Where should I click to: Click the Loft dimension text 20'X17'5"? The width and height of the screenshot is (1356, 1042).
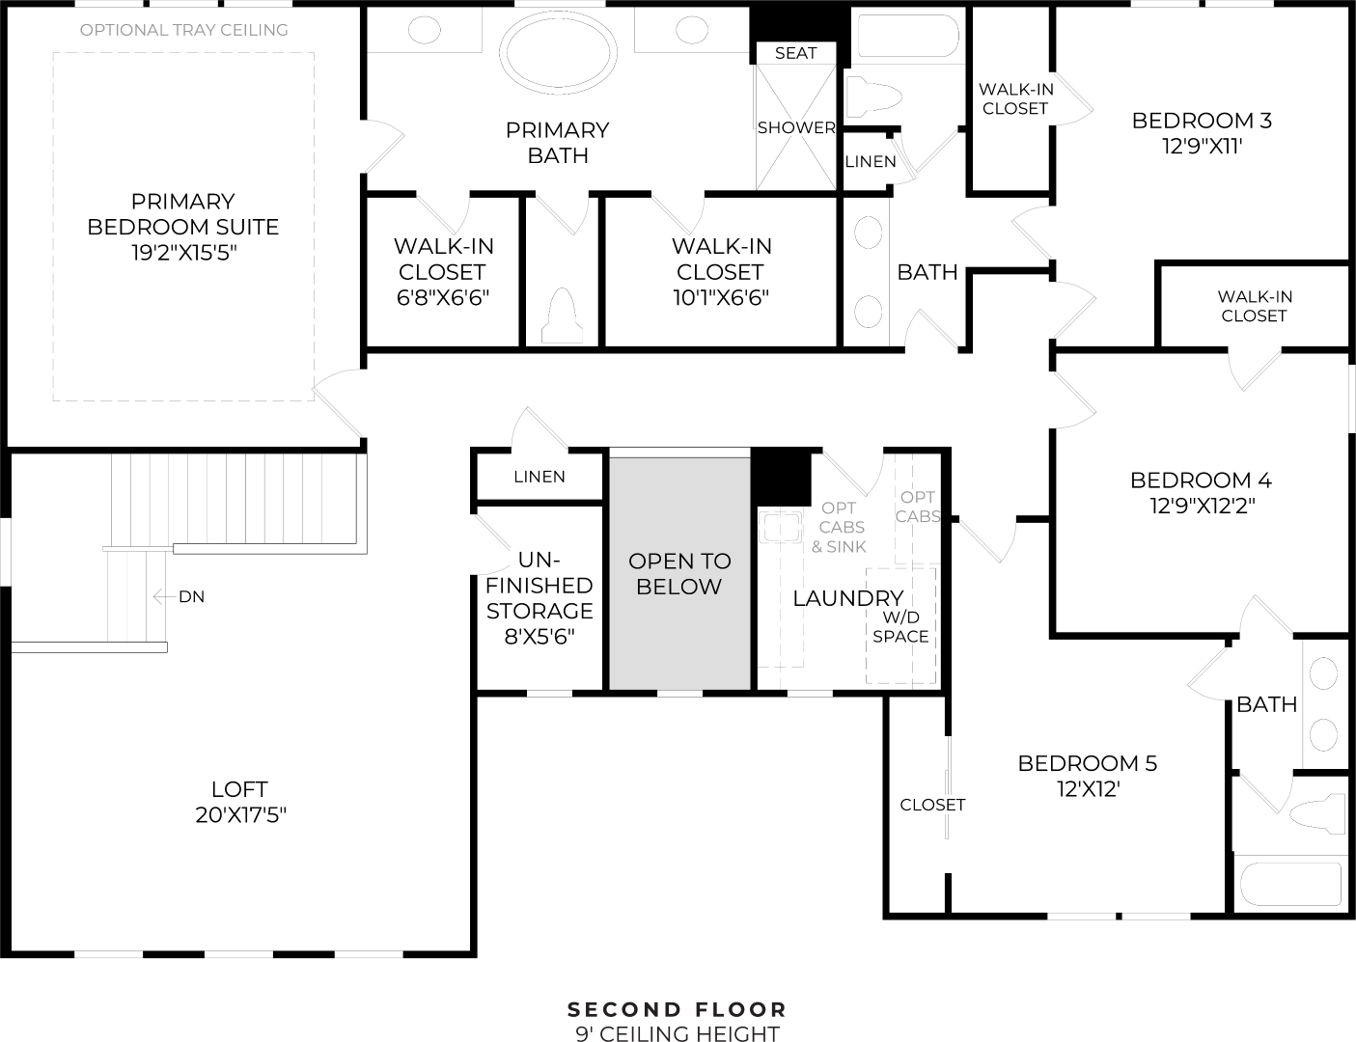pos(240,815)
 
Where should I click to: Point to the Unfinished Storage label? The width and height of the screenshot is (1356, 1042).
pos(540,586)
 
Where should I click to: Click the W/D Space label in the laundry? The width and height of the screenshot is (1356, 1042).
pos(900,627)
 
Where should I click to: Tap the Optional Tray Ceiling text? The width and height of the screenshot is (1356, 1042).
pos(183,30)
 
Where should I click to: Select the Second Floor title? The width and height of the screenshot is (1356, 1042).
pos(678,1009)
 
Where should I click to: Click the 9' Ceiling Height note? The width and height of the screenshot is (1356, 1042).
pos(678,1034)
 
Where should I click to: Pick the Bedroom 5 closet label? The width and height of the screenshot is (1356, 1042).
pos(932,805)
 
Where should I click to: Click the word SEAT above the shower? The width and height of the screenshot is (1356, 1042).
pos(796,53)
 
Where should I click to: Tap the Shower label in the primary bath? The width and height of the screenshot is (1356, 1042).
pos(796,127)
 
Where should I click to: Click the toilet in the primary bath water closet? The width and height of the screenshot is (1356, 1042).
pos(563,315)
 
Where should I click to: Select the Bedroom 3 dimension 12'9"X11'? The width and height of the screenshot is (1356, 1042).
pos(1201,147)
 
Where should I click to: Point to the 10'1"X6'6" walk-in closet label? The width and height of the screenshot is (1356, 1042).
pos(720,297)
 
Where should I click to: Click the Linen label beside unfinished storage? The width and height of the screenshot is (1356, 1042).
pos(540,477)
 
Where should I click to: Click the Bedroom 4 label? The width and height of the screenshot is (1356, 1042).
pos(1201,480)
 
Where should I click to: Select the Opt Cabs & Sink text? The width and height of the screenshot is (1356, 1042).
pos(839,527)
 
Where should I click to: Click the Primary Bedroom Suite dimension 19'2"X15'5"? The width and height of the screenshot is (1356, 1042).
pos(182,253)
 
